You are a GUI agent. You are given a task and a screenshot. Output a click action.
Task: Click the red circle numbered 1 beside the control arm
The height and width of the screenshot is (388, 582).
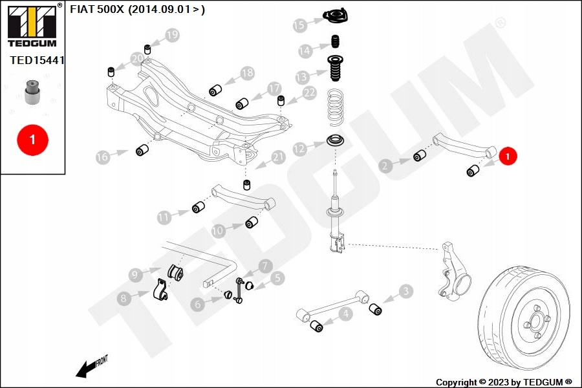(508, 156)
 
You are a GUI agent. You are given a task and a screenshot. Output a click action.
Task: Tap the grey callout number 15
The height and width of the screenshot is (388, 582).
(299, 25)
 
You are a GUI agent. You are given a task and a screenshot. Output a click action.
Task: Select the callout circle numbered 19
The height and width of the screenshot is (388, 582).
(171, 36)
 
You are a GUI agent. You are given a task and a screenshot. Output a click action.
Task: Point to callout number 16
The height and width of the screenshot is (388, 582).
(102, 156)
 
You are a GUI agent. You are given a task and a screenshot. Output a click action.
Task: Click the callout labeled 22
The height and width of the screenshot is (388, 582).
(309, 92)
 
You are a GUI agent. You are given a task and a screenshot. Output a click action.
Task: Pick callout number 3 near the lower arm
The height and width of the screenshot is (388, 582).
(405, 292)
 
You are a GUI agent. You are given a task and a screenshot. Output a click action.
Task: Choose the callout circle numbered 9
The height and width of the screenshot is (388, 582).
(135, 275)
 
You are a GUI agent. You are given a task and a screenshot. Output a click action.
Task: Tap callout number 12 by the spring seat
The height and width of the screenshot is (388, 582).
(299, 149)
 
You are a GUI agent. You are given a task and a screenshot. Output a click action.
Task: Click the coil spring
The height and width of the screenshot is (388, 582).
(335, 107)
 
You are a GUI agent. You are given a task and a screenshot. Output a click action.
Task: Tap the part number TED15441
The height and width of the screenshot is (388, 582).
(38, 59)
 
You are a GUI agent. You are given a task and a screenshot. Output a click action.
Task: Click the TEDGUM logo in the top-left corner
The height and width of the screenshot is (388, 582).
(32, 26)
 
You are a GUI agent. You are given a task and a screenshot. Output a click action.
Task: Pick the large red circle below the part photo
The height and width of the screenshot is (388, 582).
(32, 138)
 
